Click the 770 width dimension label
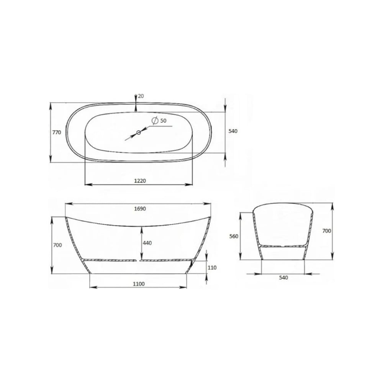(x=57, y=133)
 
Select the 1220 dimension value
(x=140, y=181)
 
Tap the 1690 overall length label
(x=140, y=209)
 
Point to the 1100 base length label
(x=139, y=284)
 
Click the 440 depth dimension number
(x=147, y=243)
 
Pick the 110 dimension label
(x=212, y=268)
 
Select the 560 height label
(x=234, y=236)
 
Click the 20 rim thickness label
(x=141, y=96)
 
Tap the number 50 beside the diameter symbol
(x=164, y=121)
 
